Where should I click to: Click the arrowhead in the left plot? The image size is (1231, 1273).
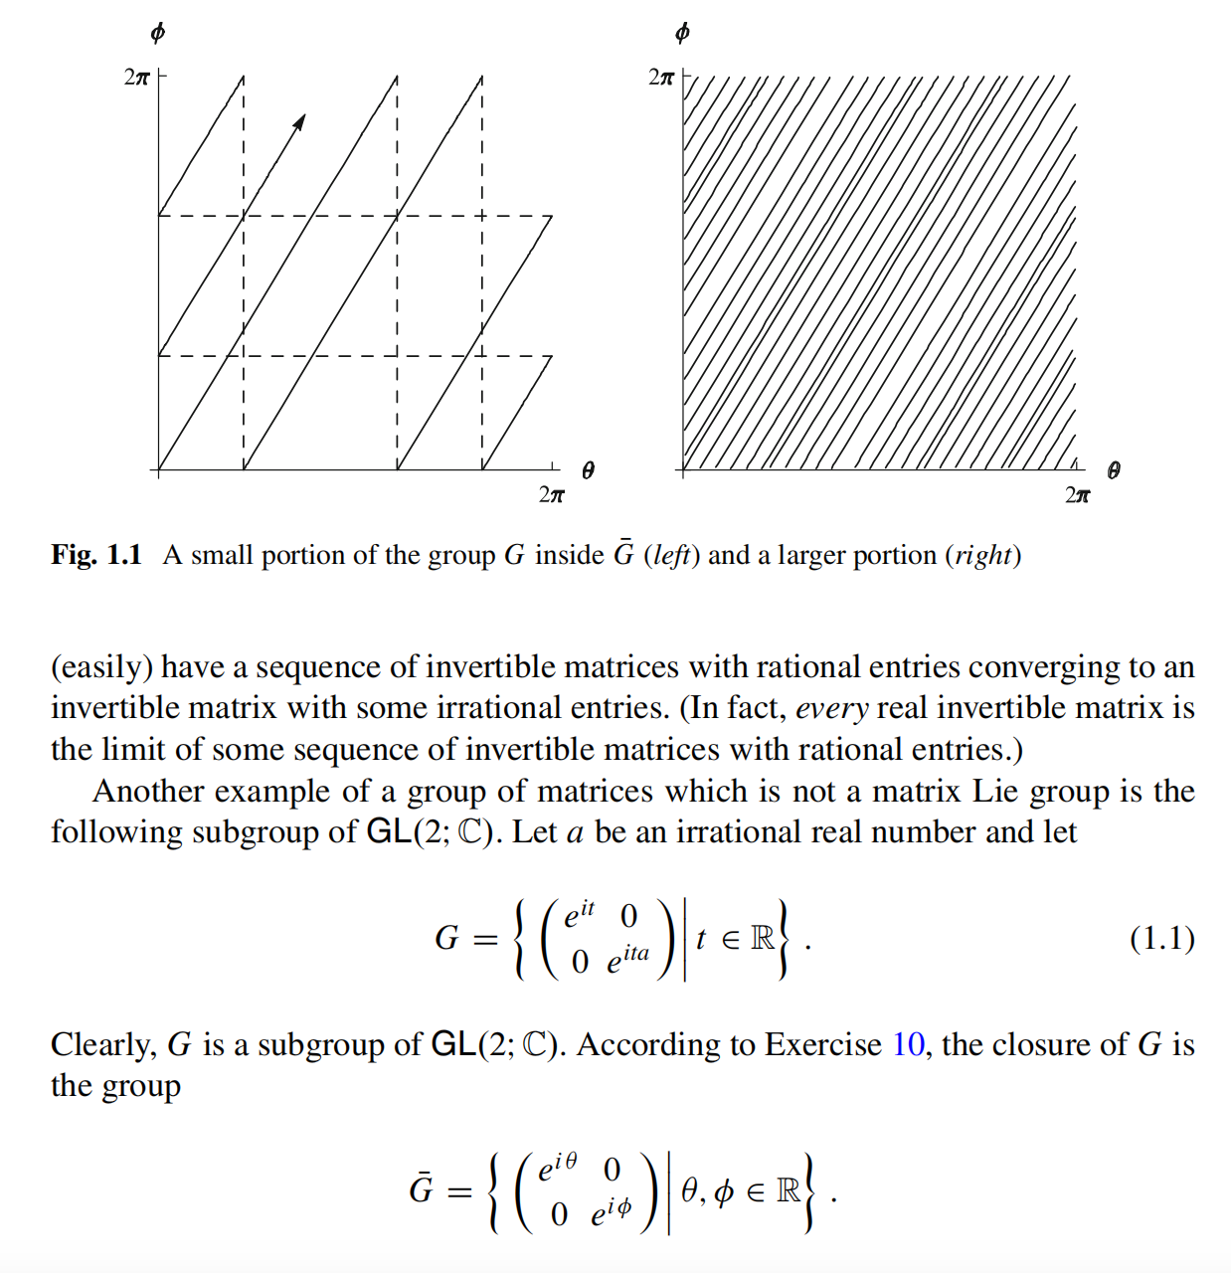tap(299, 121)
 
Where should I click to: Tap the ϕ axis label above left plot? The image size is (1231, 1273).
tap(157, 33)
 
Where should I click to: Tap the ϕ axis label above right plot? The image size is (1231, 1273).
tap(681, 33)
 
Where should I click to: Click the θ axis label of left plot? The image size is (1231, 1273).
tap(588, 470)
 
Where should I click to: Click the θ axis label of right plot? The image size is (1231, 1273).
tap(1113, 470)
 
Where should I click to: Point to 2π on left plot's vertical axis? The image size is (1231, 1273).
tap(136, 77)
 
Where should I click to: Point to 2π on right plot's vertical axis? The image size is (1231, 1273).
tap(660, 77)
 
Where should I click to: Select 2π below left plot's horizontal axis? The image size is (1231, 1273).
tap(551, 494)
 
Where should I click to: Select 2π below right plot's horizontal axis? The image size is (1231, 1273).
tap(1077, 494)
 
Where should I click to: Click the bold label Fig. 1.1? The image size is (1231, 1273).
tap(96, 555)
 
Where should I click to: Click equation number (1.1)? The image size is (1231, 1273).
tap(1161, 938)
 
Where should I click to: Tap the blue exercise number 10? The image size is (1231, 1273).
tap(908, 1044)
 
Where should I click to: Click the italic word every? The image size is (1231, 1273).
tap(832, 708)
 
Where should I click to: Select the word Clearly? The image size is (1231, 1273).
tap(103, 1044)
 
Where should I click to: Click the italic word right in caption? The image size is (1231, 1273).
tap(983, 555)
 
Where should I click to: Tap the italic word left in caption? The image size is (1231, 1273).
tap(672, 555)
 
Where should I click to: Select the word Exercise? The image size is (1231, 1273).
tap(823, 1044)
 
